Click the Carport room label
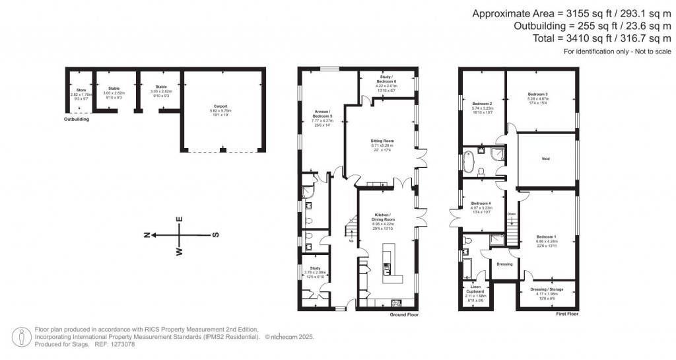220,106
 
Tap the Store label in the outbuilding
81,90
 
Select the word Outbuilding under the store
77,120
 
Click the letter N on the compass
149,234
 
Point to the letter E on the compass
179,219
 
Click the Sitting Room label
382,141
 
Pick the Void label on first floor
545,159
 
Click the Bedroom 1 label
546,236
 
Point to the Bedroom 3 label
538,94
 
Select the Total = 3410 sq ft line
579,38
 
